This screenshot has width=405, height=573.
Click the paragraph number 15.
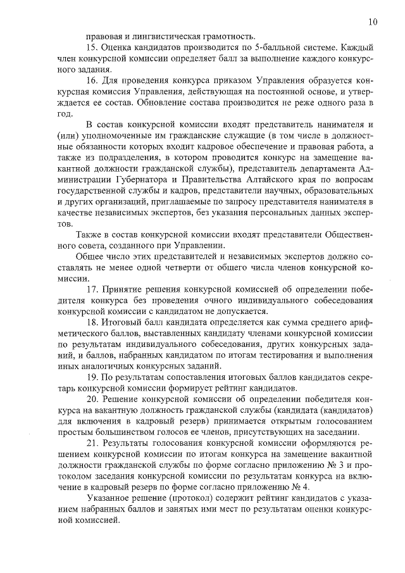click(x=92, y=48)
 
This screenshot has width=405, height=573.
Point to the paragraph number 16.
click(x=92, y=82)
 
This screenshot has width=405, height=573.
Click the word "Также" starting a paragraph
click(x=89, y=234)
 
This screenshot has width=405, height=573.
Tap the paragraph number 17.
click(x=92, y=289)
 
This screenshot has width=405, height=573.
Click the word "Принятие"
click(x=128, y=289)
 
